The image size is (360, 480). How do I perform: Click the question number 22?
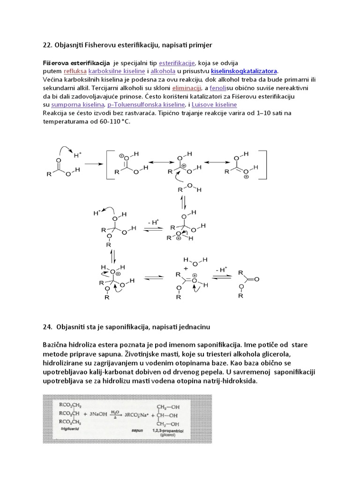[x=47, y=45]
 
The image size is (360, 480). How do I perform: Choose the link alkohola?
[x=163, y=71]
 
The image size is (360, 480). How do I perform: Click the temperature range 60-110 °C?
[x=111, y=121]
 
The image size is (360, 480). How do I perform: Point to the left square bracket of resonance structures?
[x=108, y=165]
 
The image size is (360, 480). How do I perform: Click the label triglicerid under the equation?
[x=69, y=428]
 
